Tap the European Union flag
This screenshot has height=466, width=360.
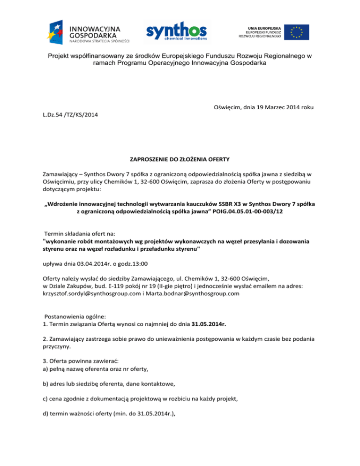coord(296,31)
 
